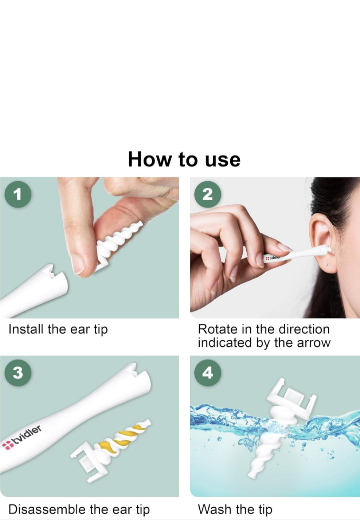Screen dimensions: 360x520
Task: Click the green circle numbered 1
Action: (x=18, y=194)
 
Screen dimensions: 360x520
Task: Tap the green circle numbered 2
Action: (x=208, y=194)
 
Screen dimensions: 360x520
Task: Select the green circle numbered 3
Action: (x=18, y=373)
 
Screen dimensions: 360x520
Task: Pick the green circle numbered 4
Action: (x=208, y=373)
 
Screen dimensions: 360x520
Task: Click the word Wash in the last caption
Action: (x=215, y=509)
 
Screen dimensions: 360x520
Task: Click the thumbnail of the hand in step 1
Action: (x=78, y=265)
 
